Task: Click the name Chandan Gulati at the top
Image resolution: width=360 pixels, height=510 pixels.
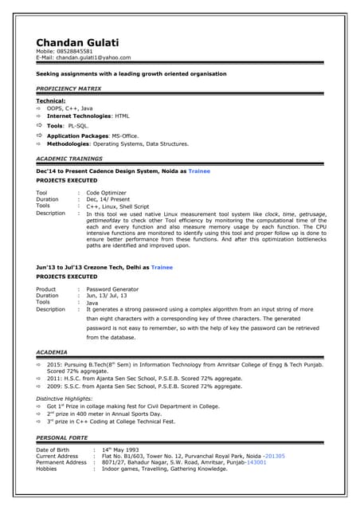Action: tap(76, 42)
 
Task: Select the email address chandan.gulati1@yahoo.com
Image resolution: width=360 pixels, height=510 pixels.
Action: tap(93, 57)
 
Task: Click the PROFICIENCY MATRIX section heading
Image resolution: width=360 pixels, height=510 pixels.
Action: tap(68, 88)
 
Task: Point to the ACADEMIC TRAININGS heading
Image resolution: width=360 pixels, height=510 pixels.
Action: tap(69, 159)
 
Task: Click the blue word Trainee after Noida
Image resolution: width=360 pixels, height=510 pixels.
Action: tap(199, 171)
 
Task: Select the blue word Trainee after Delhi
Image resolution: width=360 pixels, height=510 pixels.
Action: tap(162, 268)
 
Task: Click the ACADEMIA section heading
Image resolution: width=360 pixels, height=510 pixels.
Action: tap(53, 351)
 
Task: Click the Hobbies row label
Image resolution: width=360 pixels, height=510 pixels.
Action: tap(47, 469)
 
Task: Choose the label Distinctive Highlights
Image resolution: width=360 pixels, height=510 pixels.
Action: tap(65, 398)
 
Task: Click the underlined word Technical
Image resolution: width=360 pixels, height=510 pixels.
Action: tap(51, 101)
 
